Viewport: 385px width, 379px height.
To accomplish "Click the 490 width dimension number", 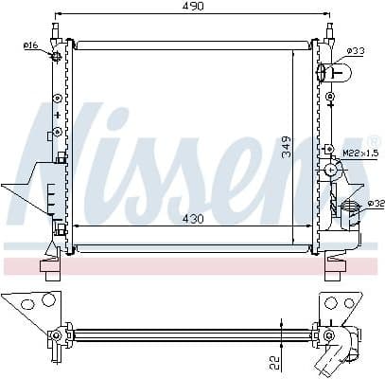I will pos(194,7).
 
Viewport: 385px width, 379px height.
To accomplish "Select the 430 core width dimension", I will pos(192,218).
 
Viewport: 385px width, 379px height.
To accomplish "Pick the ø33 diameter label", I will pos(356,49).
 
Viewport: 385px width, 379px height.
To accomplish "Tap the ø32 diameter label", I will pos(375,204).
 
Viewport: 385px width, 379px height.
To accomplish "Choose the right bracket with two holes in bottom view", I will pos(339,305).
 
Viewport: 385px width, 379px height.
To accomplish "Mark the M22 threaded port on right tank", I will pos(331,171).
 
